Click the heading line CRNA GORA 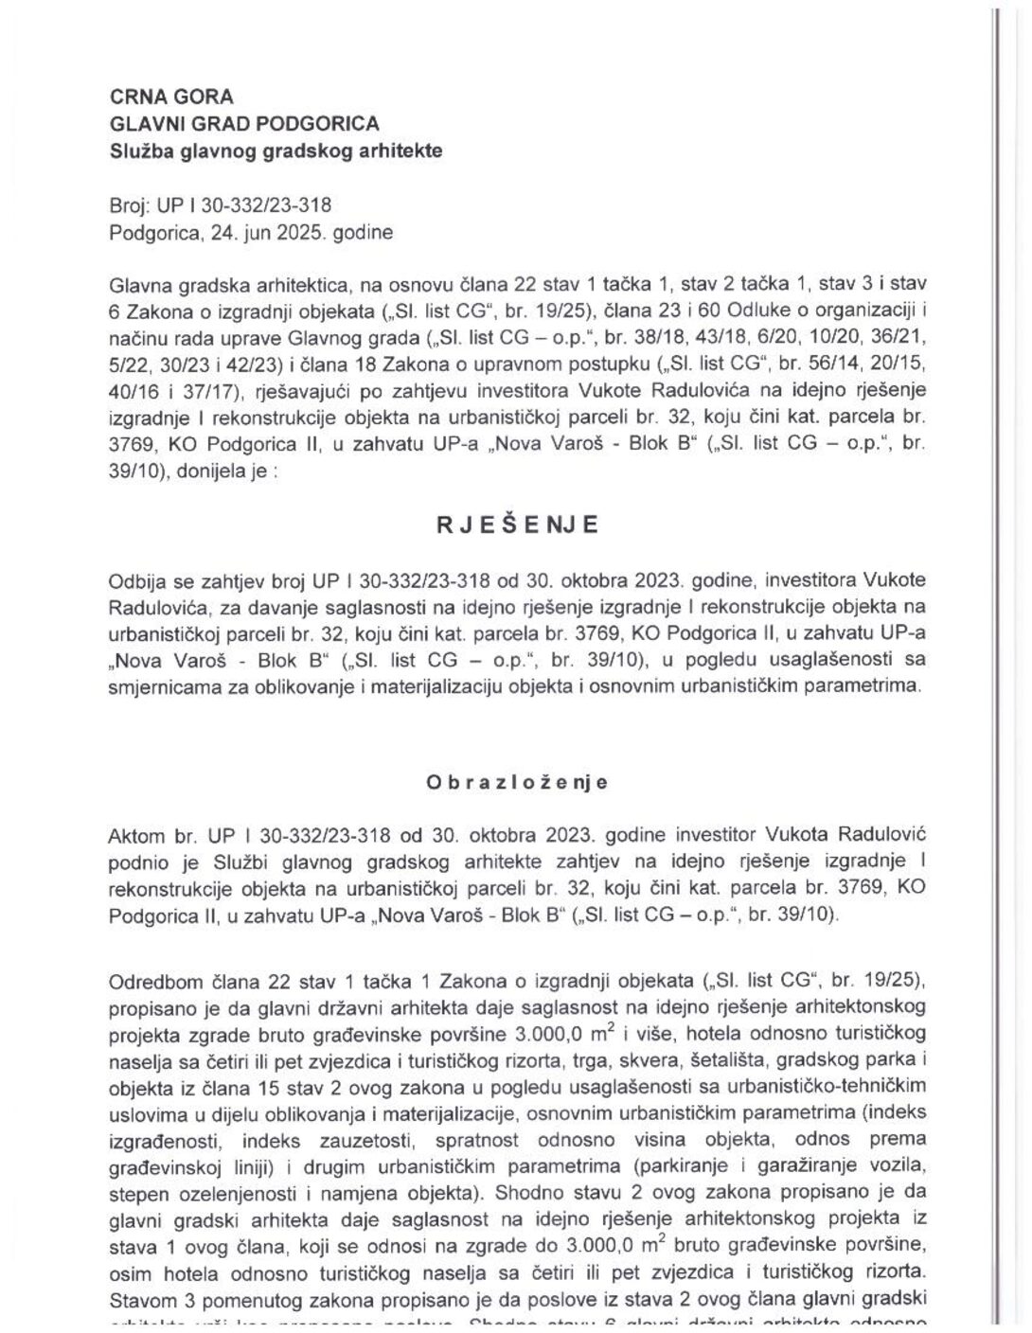tap(171, 97)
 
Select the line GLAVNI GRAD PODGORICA tap(244, 123)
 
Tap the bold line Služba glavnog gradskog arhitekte tap(276, 151)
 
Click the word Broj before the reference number tap(127, 204)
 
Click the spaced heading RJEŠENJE tap(517, 526)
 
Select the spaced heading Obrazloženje tap(517, 782)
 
